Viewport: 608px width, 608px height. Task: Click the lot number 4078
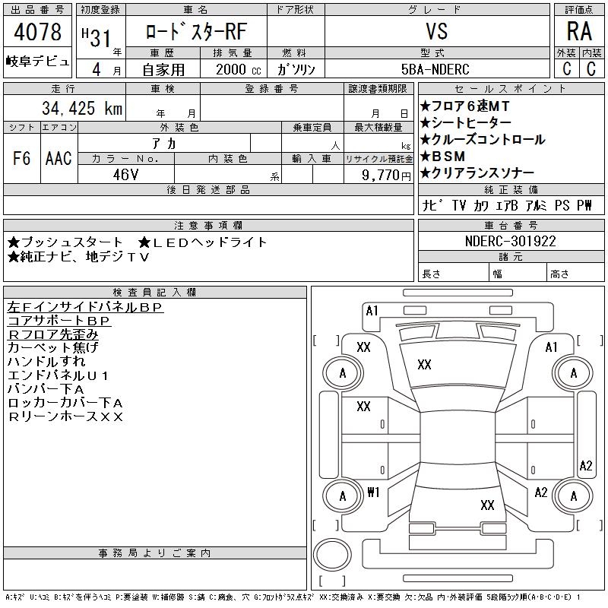pos(37,31)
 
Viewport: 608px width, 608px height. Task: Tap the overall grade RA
pos(579,31)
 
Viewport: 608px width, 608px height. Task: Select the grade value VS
pos(437,31)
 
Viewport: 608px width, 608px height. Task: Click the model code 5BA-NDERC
pos(435,69)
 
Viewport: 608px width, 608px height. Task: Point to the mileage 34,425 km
pos(82,108)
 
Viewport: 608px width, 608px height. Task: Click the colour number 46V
pos(125,175)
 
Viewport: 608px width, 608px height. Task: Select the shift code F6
pos(22,158)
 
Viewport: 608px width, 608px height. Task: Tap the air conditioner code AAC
pos(59,158)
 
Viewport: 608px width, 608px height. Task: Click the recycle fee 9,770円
pos(386,176)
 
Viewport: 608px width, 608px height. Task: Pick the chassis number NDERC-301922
pos(510,241)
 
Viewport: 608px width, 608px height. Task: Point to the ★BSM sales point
pos(442,157)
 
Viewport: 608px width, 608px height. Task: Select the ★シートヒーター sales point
pos(465,123)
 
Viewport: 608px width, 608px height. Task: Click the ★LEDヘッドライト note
pos(203,242)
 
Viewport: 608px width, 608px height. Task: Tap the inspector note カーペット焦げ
pos(53,347)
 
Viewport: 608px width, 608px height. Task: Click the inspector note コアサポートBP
pos(59,321)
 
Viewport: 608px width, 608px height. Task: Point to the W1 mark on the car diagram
pos(373,492)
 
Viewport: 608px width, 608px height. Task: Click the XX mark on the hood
pos(424,365)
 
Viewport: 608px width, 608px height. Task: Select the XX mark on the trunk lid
pos(487,505)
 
